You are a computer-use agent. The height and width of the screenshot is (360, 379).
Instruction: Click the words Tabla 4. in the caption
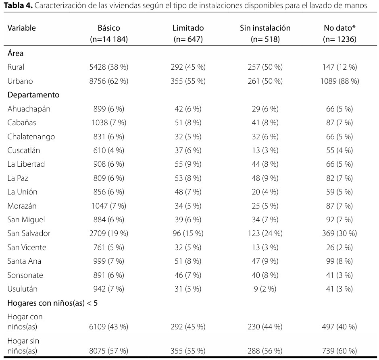pyautogui.click(x=19, y=6)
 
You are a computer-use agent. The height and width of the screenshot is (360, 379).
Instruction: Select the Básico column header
pyautogui.click(x=109, y=28)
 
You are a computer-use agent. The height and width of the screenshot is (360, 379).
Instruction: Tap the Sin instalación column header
pyautogui.click(x=265, y=28)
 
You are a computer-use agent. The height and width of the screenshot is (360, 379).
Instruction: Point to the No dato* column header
pyautogui.click(x=339, y=28)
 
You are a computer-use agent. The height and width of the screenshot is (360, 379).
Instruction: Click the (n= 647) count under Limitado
pyautogui.click(x=188, y=39)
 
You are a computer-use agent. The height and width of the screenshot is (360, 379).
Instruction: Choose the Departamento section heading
pyautogui.click(x=33, y=95)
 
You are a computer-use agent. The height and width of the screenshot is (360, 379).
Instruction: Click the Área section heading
pyautogui.click(x=15, y=53)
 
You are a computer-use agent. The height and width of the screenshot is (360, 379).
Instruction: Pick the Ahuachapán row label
pyautogui.click(x=29, y=109)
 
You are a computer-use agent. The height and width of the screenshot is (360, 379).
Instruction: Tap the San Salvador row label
pyautogui.click(x=29, y=233)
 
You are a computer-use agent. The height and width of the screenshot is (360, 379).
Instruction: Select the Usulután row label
pyautogui.click(x=23, y=289)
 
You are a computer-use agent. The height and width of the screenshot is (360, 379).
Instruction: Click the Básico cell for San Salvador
pyautogui.click(x=109, y=233)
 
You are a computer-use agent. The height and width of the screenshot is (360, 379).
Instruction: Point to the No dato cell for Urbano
pyautogui.click(x=339, y=81)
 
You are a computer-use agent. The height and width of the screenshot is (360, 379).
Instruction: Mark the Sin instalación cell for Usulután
pyautogui.click(x=265, y=289)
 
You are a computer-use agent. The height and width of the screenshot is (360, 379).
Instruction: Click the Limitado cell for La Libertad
pyautogui.click(x=188, y=164)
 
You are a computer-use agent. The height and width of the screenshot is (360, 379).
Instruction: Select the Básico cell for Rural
pyautogui.click(x=109, y=67)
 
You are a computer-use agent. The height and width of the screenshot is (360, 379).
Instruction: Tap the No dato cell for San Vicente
pyautogui.click(x=339, y=247)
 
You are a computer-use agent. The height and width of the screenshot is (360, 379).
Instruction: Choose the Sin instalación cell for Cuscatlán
pyautogui.click(x=265, y=151)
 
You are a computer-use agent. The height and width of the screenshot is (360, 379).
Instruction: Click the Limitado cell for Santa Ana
pyautogui.click(x=188, y=261)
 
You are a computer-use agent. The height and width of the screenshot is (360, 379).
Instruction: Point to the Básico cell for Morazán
pyautogui.click(x=109, y=206)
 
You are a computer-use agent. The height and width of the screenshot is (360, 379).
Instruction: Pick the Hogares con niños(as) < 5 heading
pyautogui.click(x=52, y=303)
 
